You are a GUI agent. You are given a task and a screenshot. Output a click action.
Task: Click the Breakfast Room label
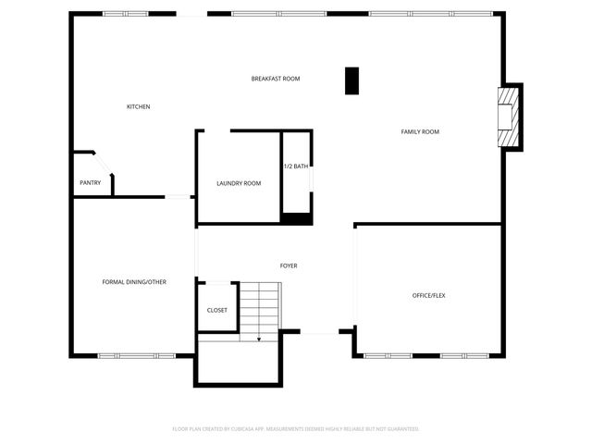[x=276, y=79]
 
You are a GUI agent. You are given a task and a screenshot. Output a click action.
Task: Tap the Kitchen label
[x=138, y=107]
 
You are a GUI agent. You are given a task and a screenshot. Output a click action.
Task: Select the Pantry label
[x=90, y=183]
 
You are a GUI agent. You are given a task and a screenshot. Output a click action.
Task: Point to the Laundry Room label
[x=239, y=183]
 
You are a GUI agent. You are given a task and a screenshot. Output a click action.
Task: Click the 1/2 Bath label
[x=296, y=166]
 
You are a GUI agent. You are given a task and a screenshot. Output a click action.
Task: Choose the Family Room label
[x=420, y=132]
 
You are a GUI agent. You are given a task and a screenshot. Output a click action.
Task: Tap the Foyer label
[x=289, y=266]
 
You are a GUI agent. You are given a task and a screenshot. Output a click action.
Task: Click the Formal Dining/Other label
[x=134, y=282]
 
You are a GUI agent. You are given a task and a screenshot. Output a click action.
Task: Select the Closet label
[x=217, y=311]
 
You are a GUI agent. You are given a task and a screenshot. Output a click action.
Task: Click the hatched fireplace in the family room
[x=508, y=117]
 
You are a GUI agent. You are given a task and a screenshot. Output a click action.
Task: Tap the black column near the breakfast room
[x=351, y=80]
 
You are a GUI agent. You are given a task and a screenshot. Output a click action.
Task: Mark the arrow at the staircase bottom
[x=259, y=339]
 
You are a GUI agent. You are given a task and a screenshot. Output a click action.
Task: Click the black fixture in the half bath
[x=297, y=218]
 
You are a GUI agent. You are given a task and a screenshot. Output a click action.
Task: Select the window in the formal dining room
[x=136, y=355]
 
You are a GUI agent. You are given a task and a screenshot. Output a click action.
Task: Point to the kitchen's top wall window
[x=126, y=13]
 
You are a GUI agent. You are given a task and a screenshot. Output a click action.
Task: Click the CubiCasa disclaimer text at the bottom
[x=296, y=429]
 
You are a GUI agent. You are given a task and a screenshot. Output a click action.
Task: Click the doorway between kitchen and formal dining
[x=178, y=196]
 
